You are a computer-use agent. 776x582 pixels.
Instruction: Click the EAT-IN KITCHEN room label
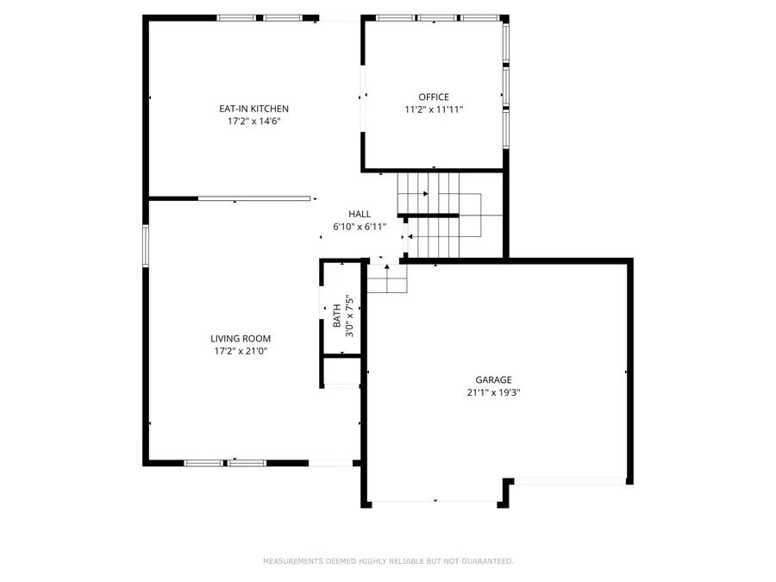(253, 109)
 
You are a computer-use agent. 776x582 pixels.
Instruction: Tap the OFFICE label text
(434, 97)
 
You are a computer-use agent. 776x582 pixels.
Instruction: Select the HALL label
(360, 214)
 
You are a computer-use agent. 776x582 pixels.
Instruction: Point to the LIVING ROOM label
(241, 339)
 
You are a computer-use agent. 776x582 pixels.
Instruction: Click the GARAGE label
(493, 379)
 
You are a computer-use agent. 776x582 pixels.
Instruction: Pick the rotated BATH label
(337, 317)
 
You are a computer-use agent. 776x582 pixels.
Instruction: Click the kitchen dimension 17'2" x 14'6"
(253, 122)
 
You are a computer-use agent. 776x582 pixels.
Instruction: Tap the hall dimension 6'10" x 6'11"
(360, 227)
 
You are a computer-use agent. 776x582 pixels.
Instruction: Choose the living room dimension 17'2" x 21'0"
(241, 351)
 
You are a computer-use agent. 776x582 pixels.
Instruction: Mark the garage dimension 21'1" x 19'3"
(493, 392)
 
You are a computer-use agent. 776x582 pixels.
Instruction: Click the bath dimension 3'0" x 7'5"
(350, 316)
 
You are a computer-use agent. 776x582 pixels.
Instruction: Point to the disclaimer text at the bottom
(388, 561)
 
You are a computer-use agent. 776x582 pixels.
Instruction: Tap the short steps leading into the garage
(387, 278)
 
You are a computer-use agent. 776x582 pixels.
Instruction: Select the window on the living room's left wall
(146, 246)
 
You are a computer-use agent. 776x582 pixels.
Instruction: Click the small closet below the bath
(341, 371)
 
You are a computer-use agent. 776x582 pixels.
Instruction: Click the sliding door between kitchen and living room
(253, 199)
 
